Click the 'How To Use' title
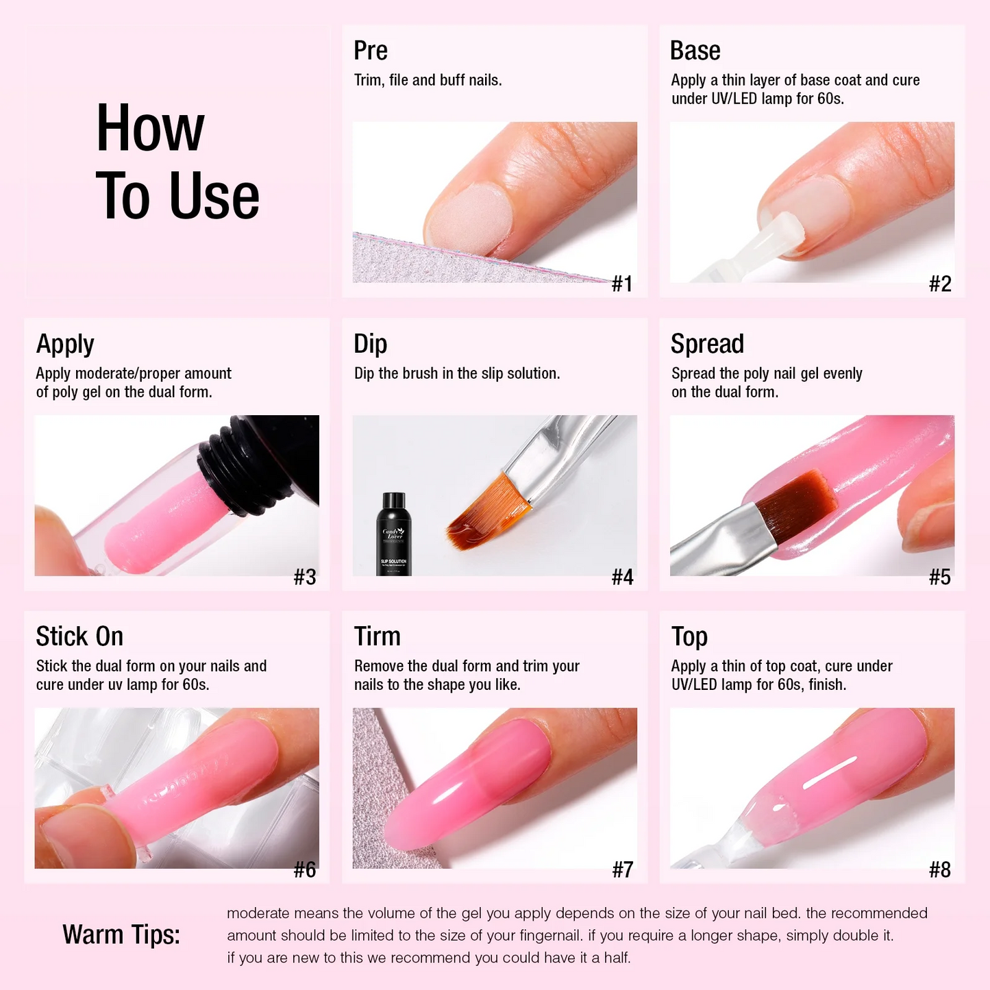coord(177,161)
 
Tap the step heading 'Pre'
coord(371,51)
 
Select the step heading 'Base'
coord(695,51)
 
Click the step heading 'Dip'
coord(370,344)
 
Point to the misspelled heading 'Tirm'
coord(377,636)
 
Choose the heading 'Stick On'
coord(79,636)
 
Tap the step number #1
coord(622,284)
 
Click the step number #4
coord(622,577)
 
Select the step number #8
coord(940,870)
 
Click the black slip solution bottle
coord(393,534)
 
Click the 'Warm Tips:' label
coord(121,935)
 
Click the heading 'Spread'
coord(708,344)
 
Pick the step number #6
coord(305,870)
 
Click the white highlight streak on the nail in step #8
coord(831,772)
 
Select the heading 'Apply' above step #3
coord(65,344)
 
